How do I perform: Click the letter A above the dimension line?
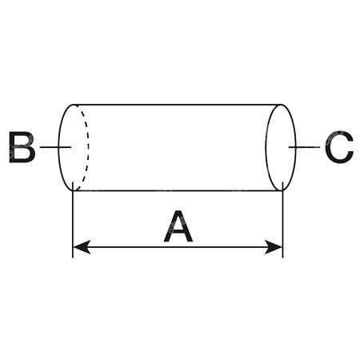tap(178, 226)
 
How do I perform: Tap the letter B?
tap(22, 147)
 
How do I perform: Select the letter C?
tap(339, 147)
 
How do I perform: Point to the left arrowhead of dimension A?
tap(82, 247)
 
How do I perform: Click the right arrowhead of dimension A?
tap(274, 247)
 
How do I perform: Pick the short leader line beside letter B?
tap(55, 146)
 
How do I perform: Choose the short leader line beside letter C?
tap(304, 146)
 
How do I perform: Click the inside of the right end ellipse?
tap(281, 147)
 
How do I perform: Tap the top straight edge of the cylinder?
tap(178, 105)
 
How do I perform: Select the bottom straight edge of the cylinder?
tap(178, 190)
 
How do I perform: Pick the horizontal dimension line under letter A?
tap(178, 247)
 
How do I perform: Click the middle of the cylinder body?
tap(178, 147)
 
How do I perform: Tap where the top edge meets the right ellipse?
tap(282, 105)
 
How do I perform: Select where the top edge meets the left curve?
tap(74, 105)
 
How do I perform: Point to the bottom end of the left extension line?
tap(73, 258)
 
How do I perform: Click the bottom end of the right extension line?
tap(282, 258)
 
